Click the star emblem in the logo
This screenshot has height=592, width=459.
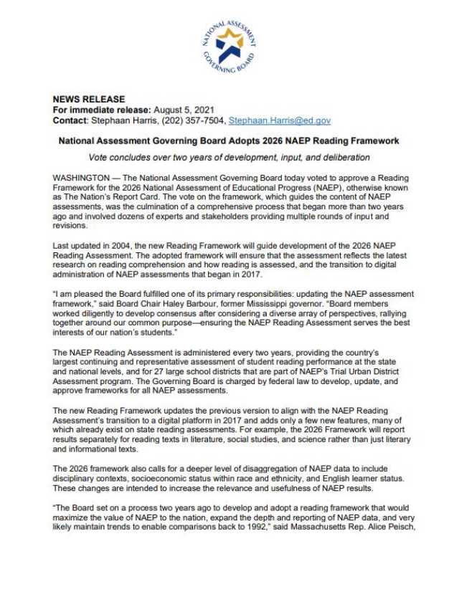tap(229, 44)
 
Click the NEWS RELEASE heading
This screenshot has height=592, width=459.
tap(89, 99)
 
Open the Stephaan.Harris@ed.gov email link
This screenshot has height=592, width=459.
tap(280, 120)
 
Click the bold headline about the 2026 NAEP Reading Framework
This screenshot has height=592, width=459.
tap(228, 141)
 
